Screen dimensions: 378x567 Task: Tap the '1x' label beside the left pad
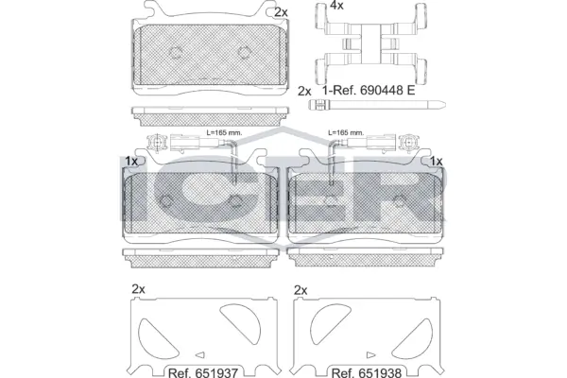130,162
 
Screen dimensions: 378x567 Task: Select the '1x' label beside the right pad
437,162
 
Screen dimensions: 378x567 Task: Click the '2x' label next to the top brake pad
280,12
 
